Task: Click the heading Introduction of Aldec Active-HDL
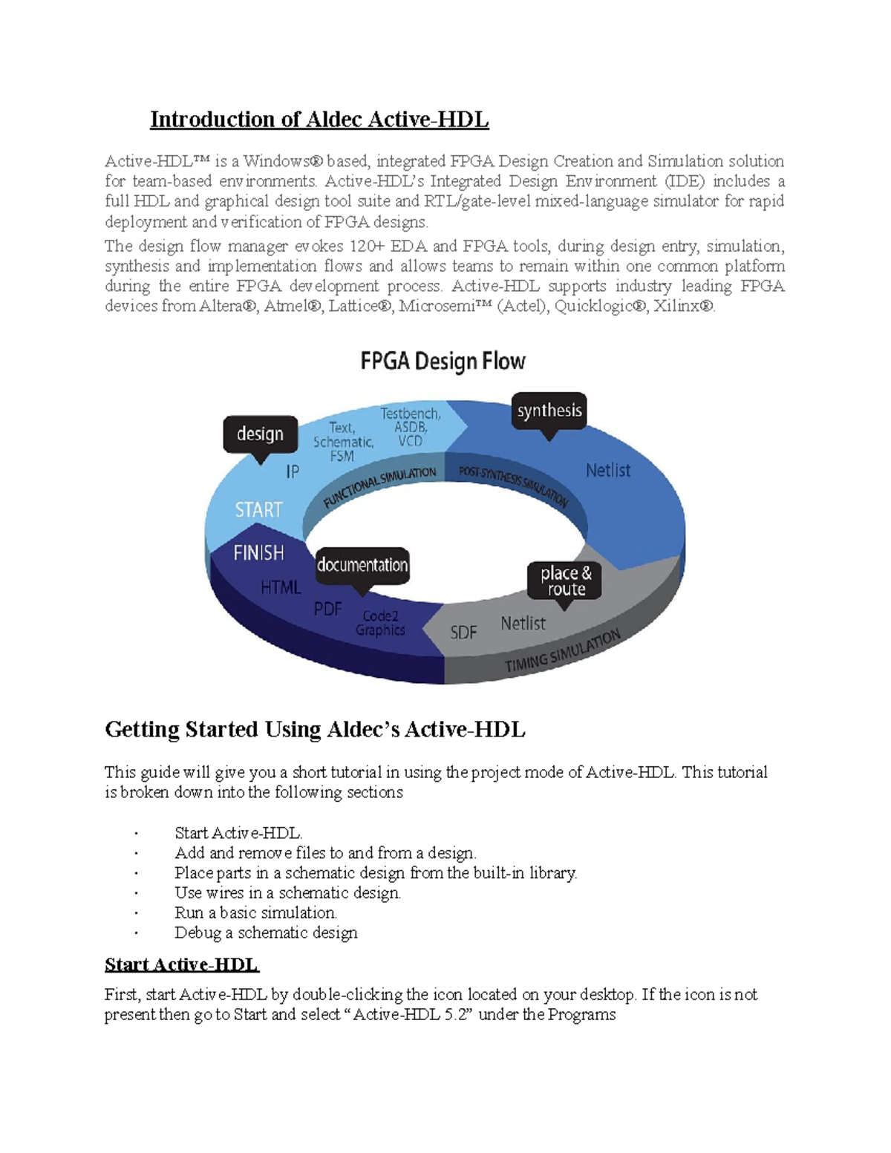[x=319, y=120]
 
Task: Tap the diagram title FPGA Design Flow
[x=443, y=362]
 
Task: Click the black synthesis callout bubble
[x=549, y=411]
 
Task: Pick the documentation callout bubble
[x=362, y=565]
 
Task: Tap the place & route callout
[x=565, y=581]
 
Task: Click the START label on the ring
[x=258, y=509]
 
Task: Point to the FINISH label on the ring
[x=258, y=552]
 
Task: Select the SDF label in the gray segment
[x=463, y=633]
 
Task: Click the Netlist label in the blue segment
[x=607, y=470]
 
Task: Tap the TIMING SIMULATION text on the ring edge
[x=562, y=652]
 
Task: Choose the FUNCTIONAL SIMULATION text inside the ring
[x=379, y=487]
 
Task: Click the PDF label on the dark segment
[x=327, y=609]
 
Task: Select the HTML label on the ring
[x=281, y=587]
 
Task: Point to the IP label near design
[x=293, y=471]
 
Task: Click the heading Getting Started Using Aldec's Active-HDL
[x=315, y=730]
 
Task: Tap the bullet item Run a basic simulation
[x=255, y=912]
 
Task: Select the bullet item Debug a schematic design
[x=266, y=932]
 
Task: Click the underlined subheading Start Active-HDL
[x=181, y=964]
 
